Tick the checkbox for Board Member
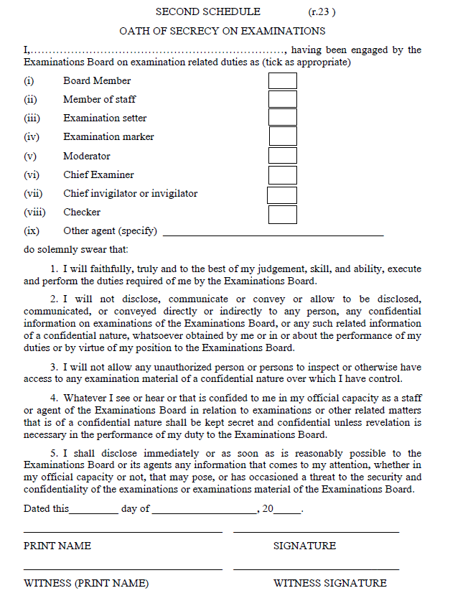coord(282,80)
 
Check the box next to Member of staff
coord(282,99)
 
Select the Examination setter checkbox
coord(282,118)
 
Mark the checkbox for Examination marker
coord(282,136)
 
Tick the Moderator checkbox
coord(282,156)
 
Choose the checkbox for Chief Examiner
coord(282,174)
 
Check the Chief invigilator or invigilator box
coord(282,195)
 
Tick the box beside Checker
coord(282,213)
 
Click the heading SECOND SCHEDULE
coord(208,11)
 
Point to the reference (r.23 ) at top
coord(322,11)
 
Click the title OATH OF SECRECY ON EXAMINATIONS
coord(222,31)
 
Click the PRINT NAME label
coord(57,546)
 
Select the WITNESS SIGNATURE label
coord(330,583)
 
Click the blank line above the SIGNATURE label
coord(316,531)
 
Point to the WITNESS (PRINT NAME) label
coord(86,583)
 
